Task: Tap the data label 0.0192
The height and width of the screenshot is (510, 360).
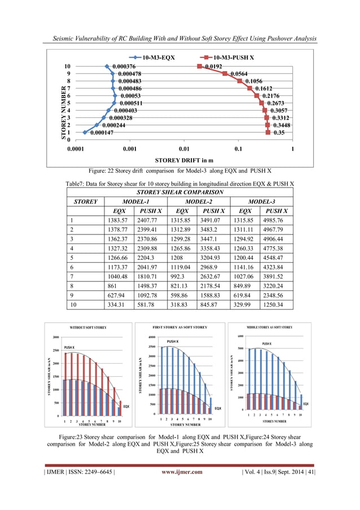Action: coord(213,66)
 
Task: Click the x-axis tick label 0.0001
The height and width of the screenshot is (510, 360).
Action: coord(76,149)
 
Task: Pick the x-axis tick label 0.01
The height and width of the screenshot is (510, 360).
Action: coord(183,149)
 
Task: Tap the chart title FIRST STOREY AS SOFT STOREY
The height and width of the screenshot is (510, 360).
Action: coord(180,327)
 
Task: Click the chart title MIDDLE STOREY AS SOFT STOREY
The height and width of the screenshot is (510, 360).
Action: coord(269,327)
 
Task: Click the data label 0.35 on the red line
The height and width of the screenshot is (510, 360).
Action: coord(279,133)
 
